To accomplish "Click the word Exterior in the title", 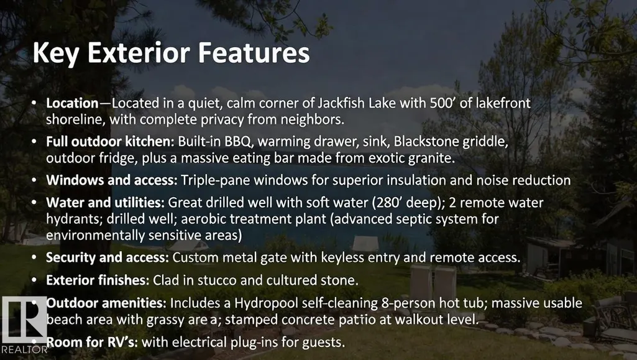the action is click(x=139, y=53).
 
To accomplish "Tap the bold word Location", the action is click(x=72, y=103).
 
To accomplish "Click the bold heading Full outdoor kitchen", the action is click(x=110, y=141).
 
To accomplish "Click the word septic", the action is click(x=416, y=219).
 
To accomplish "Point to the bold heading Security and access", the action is click(x=108, y=257).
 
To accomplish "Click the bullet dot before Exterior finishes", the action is click(x=34, y=280).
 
